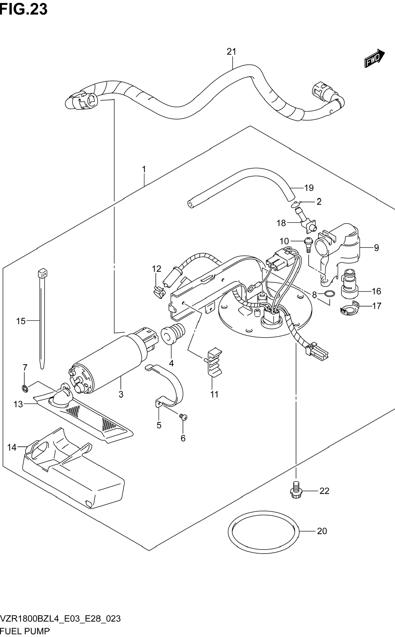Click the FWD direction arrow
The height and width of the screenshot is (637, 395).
tap(374, 58)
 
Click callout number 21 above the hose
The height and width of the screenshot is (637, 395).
tap(231, 52)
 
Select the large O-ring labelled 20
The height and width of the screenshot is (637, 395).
tap(263, 532)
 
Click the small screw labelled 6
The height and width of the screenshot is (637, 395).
tap(183, 417)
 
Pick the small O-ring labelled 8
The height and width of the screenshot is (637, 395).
tap(330, 294)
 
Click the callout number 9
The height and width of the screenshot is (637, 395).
tap(376, 248)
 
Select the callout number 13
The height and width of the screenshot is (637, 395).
tap(18, 404)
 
